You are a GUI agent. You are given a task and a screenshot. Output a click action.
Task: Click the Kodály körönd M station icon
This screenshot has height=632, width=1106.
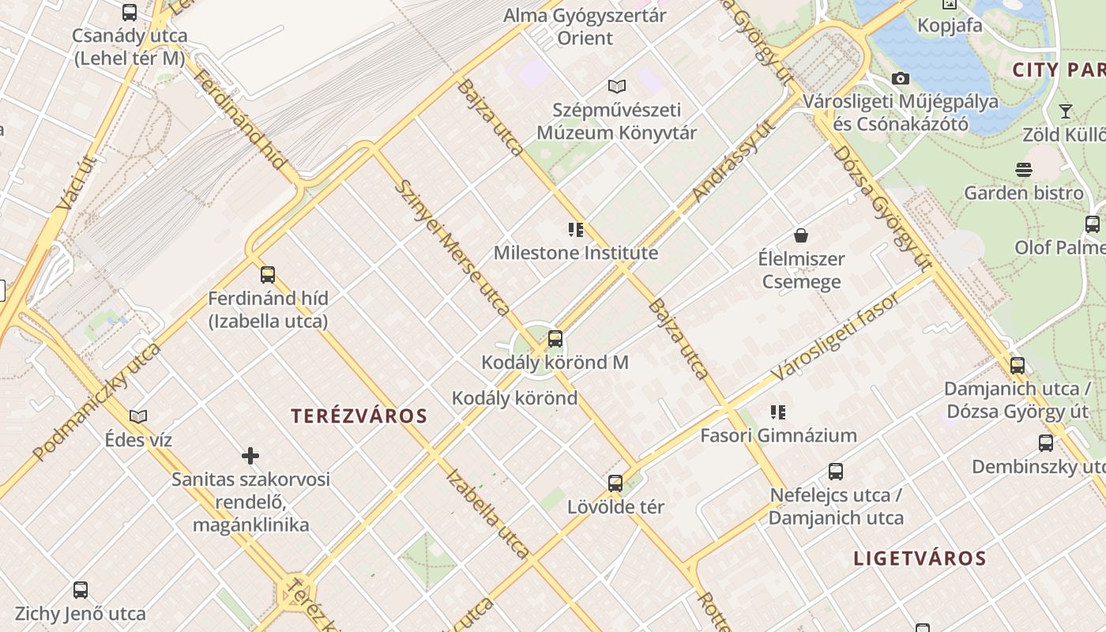555,339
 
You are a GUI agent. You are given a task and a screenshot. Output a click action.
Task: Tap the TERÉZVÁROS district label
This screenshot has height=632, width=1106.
359,416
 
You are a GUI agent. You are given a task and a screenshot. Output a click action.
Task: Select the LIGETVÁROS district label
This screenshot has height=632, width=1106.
920,559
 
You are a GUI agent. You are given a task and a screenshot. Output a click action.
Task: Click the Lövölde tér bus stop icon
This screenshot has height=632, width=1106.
615,483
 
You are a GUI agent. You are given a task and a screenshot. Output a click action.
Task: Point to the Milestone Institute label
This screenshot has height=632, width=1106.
575,253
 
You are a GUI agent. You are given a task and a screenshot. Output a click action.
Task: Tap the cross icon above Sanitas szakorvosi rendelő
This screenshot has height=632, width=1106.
250,456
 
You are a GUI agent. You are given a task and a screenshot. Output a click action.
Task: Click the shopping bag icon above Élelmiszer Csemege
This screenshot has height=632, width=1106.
801,235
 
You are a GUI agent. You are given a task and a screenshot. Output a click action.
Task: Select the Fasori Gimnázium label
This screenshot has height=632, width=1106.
778,435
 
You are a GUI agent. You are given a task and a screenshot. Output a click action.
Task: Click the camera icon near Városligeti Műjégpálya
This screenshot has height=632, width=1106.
900,78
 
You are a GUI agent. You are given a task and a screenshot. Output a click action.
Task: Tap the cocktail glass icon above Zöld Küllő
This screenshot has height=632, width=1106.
1065,111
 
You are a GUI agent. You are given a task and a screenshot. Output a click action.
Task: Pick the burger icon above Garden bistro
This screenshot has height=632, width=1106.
1024,169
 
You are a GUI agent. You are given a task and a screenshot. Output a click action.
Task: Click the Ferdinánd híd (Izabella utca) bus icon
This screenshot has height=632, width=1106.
268,275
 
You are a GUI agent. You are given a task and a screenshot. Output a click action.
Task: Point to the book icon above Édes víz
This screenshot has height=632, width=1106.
138,416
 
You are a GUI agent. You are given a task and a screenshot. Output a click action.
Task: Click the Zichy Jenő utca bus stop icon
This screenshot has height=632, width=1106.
81,589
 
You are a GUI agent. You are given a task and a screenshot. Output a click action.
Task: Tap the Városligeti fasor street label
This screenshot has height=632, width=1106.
835,337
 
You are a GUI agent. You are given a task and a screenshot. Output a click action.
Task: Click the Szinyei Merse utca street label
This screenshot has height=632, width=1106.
452,247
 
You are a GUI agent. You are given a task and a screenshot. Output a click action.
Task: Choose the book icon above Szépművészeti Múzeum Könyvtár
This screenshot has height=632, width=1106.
617,86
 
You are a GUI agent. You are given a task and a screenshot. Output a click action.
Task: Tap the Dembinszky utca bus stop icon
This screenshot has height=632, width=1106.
1046,443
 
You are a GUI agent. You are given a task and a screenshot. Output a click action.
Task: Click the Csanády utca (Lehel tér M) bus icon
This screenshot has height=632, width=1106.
130,13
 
